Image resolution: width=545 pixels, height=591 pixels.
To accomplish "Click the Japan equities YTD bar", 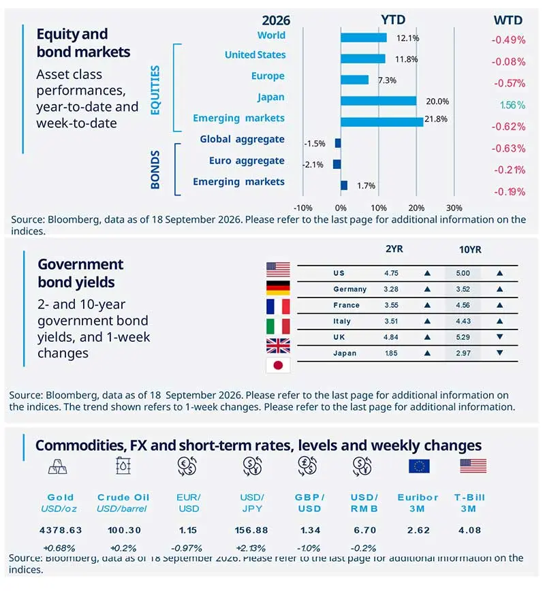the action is point(378,101).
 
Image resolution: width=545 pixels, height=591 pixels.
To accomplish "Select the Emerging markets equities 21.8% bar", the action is point(381,122).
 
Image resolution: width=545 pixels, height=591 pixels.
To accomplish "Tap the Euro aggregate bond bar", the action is point(337,164).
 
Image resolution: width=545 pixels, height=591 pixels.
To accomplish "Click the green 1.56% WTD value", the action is point(512,105).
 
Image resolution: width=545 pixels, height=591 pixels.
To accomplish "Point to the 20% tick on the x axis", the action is point(416,208).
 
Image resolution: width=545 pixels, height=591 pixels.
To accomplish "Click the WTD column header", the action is point(508,20).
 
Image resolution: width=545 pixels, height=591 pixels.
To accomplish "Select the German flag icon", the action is point(278,287).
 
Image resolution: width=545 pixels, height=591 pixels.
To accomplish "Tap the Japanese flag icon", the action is point(278,365).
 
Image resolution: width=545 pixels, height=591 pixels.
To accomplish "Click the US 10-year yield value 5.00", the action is point(463,273).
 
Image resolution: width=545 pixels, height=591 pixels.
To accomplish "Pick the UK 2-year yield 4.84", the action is point(391,337).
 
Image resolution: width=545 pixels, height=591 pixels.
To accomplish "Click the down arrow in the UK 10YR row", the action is point(500,336).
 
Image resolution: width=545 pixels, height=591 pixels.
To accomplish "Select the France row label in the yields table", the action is point(346,305).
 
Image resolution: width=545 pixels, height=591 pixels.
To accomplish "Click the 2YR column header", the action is point(394,249).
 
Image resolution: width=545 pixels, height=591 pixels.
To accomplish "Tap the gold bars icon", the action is point(57,466).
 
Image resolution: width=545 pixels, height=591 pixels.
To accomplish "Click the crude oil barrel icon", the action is point(123,466).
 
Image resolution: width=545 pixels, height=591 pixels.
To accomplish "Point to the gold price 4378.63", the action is point(61,530).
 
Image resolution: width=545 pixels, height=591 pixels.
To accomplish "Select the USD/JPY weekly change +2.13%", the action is point(251,548).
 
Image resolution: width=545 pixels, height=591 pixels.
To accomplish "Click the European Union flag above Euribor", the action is point(419,466).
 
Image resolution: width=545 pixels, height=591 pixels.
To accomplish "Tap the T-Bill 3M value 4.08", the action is point(469,530).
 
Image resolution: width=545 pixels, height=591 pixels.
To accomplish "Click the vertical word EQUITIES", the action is point(155,90).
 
